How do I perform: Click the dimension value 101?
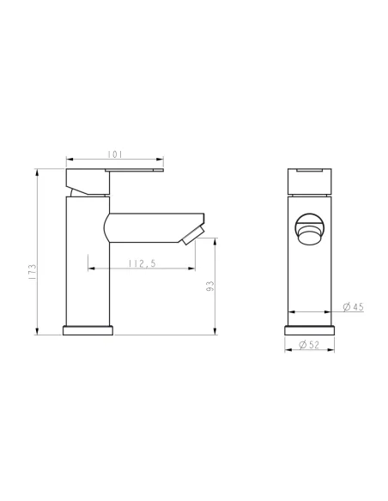[114, 154]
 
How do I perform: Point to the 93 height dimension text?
[209, 287]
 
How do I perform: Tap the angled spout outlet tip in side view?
[193, 233]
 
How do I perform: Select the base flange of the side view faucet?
[88, 329]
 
